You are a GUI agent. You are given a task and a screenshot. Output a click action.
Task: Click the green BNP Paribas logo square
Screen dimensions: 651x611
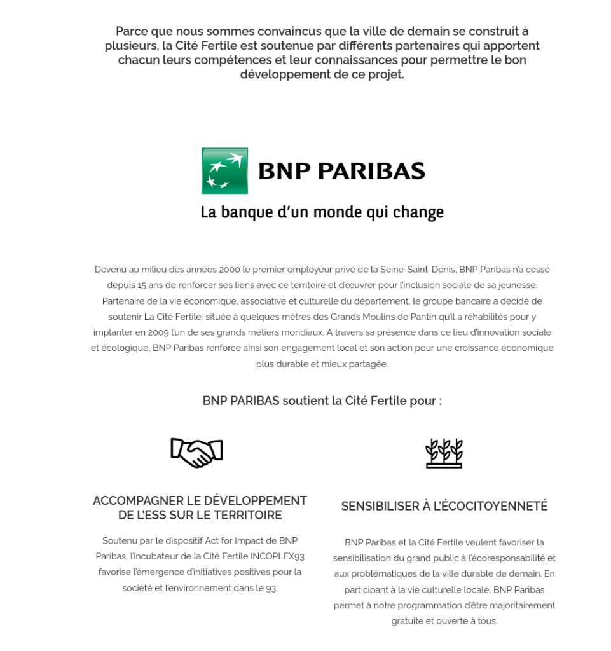point(224,171)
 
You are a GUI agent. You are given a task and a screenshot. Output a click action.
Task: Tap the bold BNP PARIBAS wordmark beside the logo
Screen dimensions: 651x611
point(341,171)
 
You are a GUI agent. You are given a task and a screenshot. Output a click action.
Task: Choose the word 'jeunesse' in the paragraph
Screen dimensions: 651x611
point(518,285)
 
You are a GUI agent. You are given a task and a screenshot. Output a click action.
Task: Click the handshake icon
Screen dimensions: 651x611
point(196,453)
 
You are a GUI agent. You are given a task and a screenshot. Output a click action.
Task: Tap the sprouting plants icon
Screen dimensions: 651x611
point(444,453)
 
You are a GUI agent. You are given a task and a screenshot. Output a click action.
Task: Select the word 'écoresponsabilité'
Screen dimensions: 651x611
point(503,558)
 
